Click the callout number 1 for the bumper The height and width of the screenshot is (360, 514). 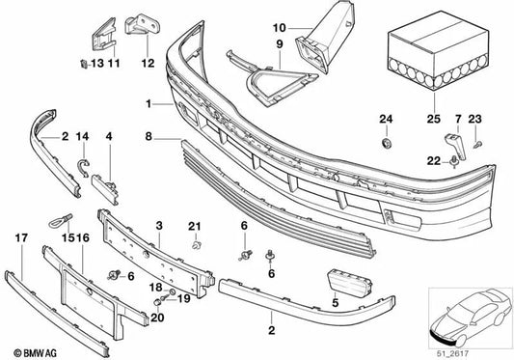tap(149, 103)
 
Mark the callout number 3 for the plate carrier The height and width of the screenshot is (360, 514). tap(158, 224)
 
